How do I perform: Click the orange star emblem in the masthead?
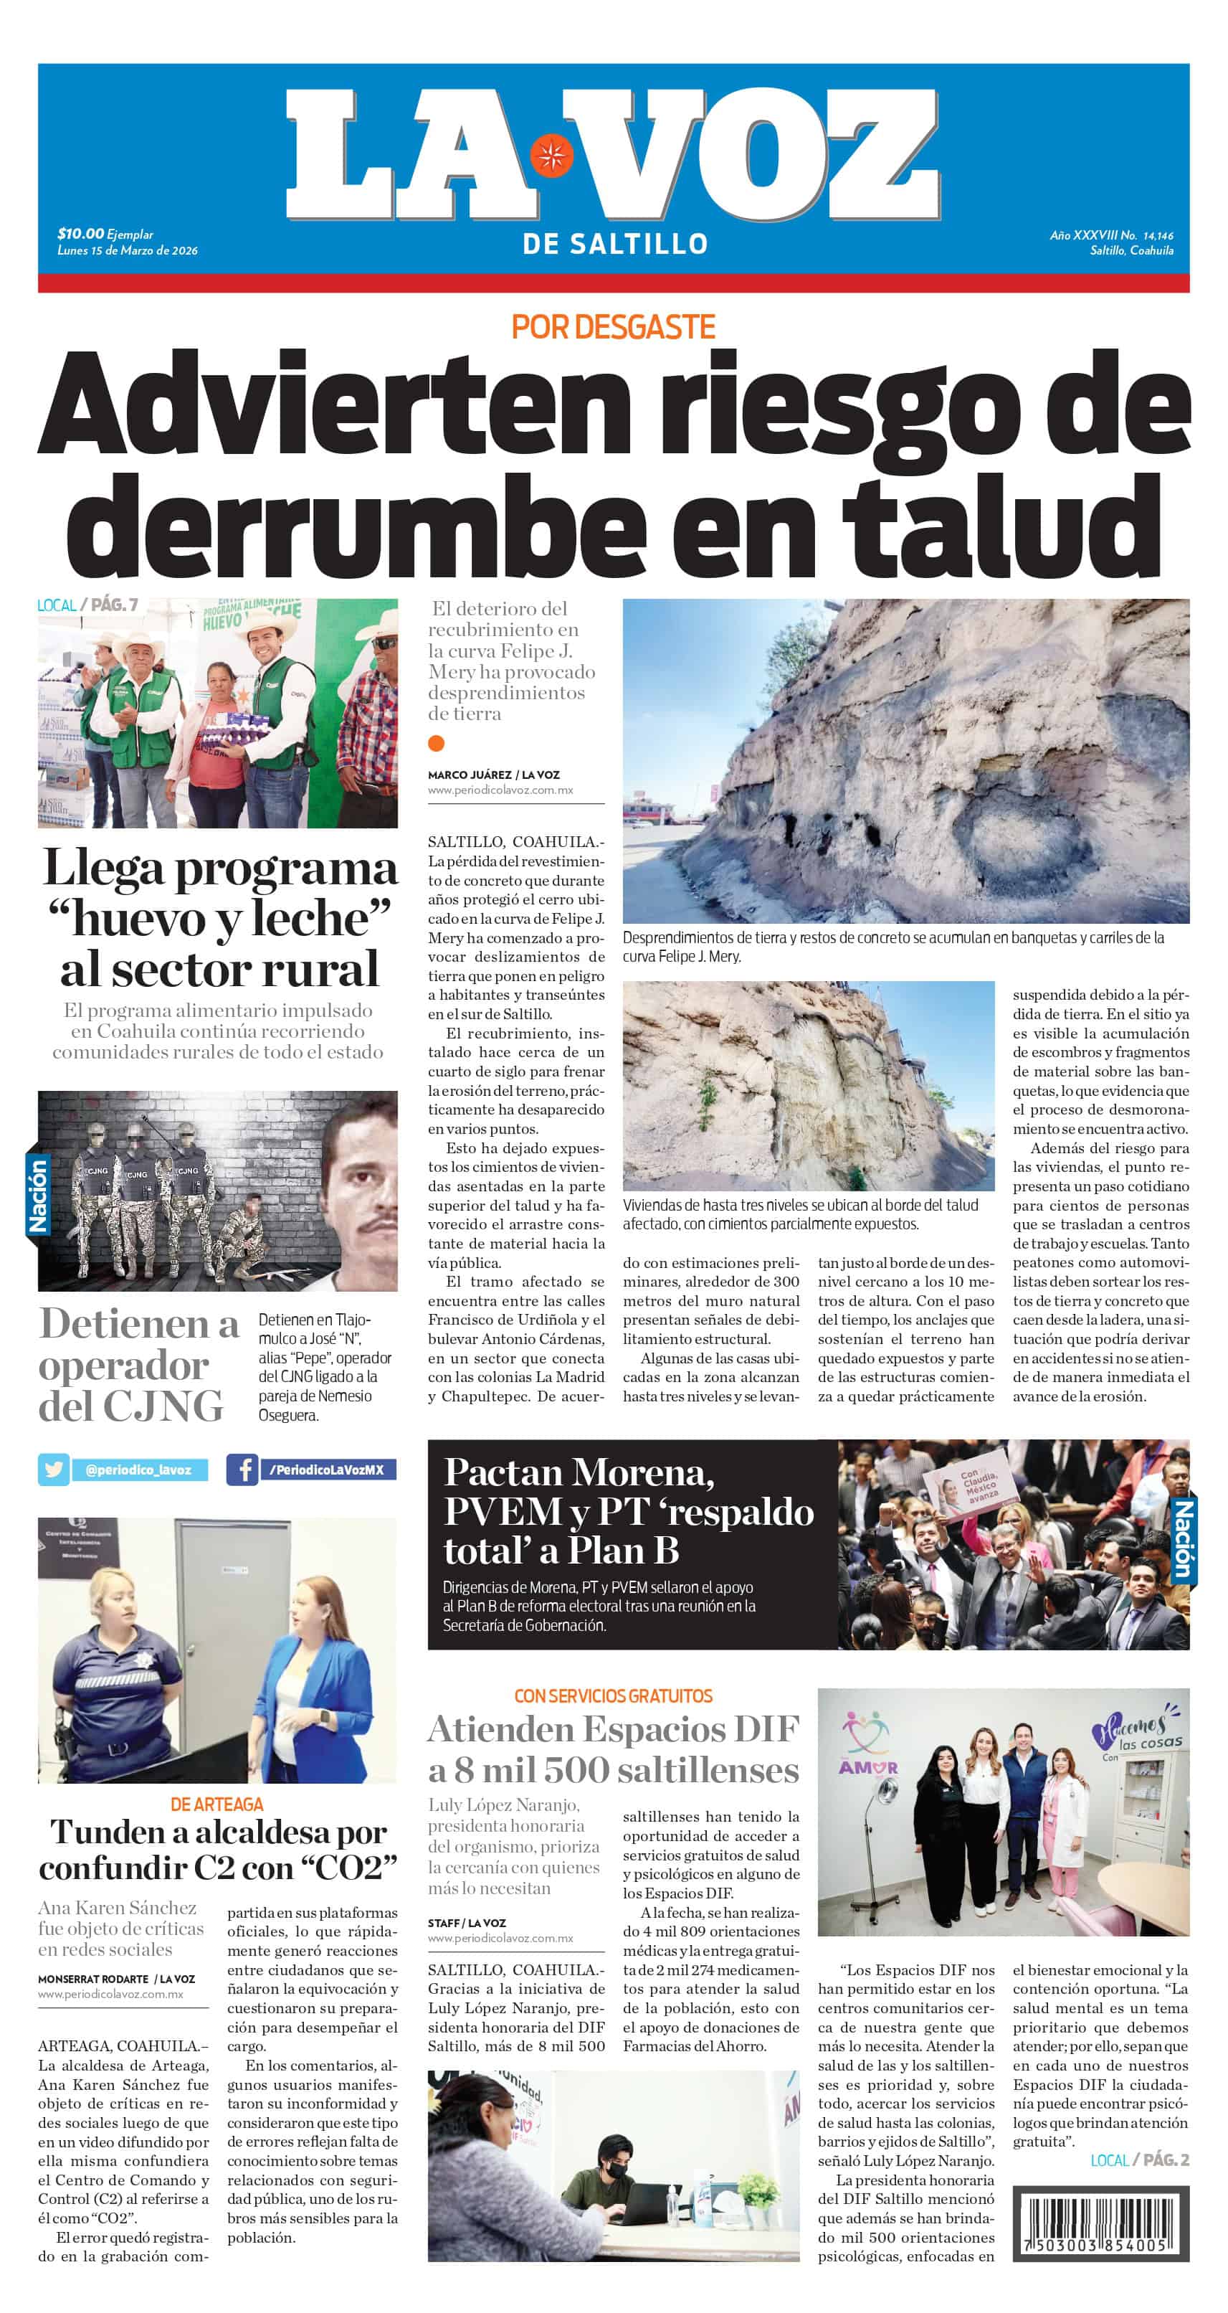[551, 156]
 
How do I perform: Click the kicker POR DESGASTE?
[613, 327]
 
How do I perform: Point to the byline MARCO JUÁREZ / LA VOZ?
[495, 774]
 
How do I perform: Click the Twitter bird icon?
[54, 1470]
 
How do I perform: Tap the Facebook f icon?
[242, 1470]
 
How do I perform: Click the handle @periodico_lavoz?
[138, 1470]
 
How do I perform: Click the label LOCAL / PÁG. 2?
[1139, 2160]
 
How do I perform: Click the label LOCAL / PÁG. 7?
[87, 605]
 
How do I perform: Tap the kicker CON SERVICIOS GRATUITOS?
[613, 1696]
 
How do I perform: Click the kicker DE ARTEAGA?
[217, 1804]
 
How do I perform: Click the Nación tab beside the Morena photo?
[1182, 1539]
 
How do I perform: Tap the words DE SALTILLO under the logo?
[615, 243]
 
